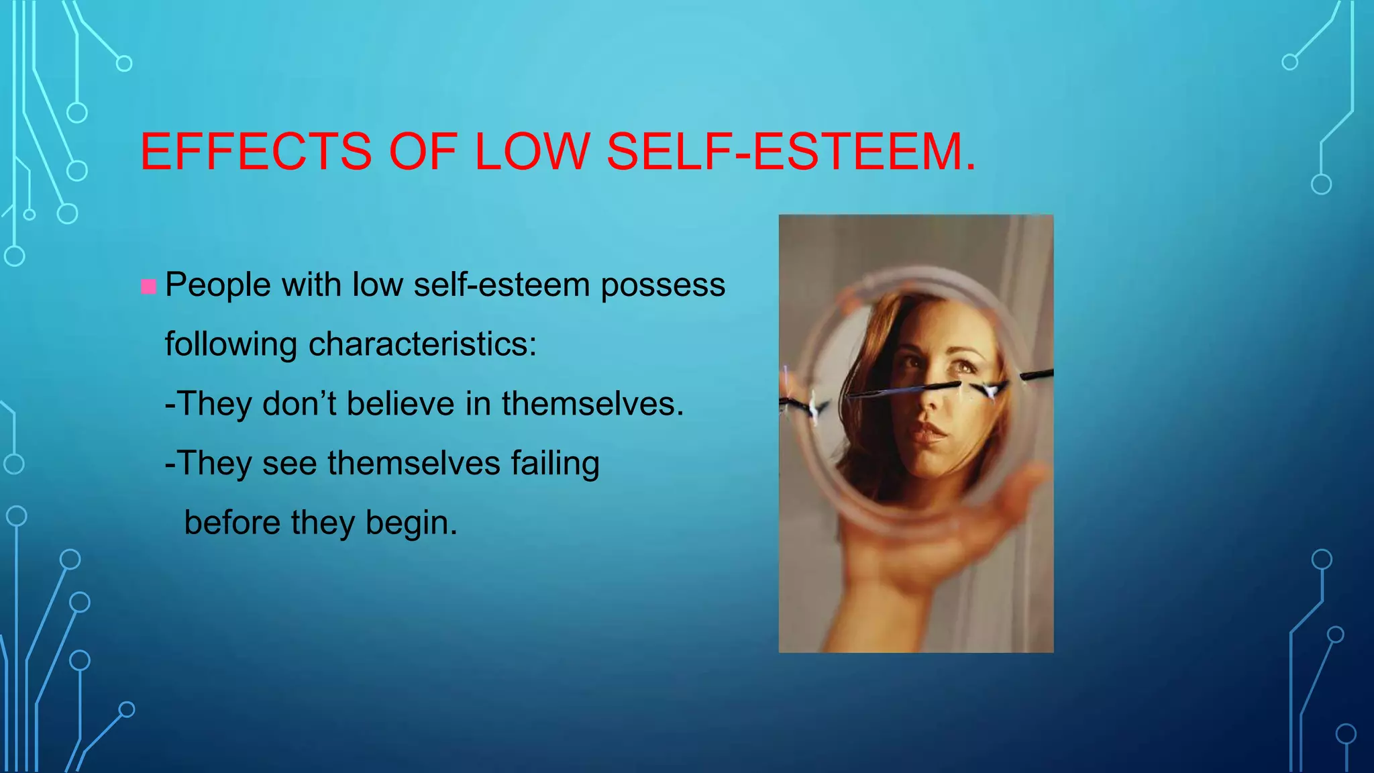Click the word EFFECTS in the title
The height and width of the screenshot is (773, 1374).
click(256, 152)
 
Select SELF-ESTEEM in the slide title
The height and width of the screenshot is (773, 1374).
click(791, 152)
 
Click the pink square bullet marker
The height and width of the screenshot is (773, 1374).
click(149, 287)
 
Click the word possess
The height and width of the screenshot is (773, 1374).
click(663, 286)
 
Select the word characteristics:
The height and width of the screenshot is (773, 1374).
click(423, 344)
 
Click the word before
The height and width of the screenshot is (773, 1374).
click(232, 523)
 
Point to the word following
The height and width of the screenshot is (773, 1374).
click(231, 345)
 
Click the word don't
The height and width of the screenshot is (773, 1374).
click(299, 404)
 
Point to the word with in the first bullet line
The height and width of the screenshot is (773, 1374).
click(311, 285)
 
